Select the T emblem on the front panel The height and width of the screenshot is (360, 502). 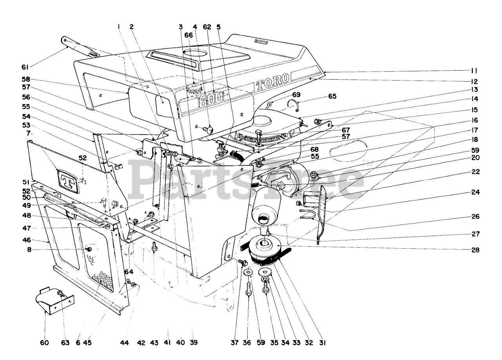point(68,182)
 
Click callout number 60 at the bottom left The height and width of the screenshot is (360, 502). point(44,343)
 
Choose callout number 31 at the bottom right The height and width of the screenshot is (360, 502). point(322,343)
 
